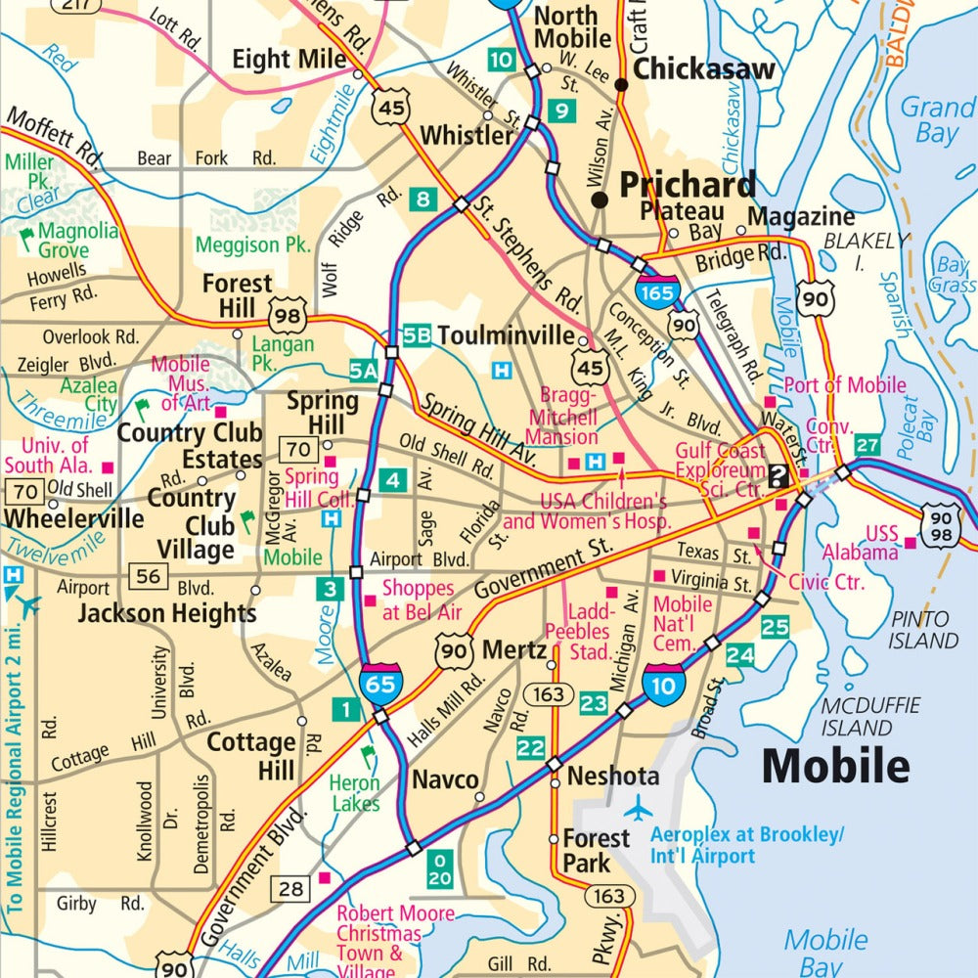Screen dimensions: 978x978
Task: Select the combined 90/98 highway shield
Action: pyautogui.click(x=940, y=526)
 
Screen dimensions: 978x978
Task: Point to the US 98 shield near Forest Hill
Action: pyautogui.click(x=290, y=316)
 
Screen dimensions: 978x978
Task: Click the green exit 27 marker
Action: pyautogui.click(x=867, y=444)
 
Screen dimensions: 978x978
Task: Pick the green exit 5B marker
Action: pyautogui.click(x=417, y=335)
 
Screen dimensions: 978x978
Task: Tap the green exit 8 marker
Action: pyautogui.click(x=422, y=200)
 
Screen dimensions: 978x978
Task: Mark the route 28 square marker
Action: pyautogui.click(x=291, y=888)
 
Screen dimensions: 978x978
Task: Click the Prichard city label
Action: pyautogui.click(x=688, y=185)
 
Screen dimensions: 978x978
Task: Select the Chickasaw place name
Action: pyautogui.click(x=704, y=69)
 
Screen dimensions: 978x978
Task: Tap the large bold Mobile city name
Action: pyautogui.click(x=836, y=766)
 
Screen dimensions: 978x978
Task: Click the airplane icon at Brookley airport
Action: pyautogui.click(x=639, y=809)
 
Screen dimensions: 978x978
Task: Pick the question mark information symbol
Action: pyautogui.click(x=778, y=476)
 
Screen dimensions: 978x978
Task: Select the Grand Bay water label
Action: pyautogui.click(x=937, y=119)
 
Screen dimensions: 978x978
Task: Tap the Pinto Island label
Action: pyautogui.click(x=919, y=630)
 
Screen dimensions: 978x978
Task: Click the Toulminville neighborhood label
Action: pyautogui.click(x=507, y=335)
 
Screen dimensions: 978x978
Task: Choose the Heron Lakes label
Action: pyautogui.click(x=354, y=793)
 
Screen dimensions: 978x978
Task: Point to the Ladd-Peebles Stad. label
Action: pyautogui.click(x=578, y=631)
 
